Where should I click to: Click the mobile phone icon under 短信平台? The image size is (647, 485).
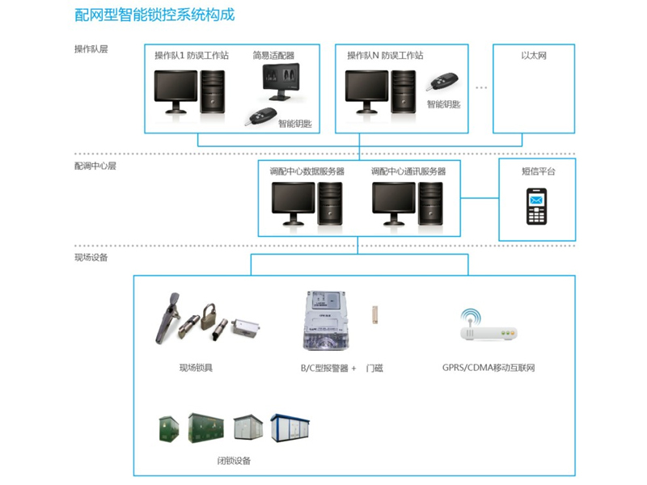[536, 206]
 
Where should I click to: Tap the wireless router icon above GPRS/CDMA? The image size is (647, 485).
[488, 325]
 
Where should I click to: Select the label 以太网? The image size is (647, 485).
[534, 55]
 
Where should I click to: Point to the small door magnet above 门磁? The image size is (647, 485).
[375, 314]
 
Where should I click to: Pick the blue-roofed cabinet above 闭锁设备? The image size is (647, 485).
[290, 428]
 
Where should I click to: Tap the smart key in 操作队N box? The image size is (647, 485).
[442, 82]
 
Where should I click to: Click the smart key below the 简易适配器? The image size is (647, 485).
[260, 116]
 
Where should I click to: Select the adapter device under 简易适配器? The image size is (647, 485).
[281, 82]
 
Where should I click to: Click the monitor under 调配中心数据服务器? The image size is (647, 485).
[294, 204]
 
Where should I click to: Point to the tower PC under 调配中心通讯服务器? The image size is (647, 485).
[430, 204]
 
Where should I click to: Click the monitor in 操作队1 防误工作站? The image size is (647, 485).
[175, 91]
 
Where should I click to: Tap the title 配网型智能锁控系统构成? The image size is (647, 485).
[154, 15]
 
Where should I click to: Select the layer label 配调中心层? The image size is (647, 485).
[95, 166]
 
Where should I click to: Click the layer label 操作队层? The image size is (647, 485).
[91, 49]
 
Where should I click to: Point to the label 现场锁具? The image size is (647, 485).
[196, 368]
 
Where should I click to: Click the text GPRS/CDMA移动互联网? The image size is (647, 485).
[488, 368]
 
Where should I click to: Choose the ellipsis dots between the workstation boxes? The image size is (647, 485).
[481, 87]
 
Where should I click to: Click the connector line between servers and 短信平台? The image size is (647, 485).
[480, 198]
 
